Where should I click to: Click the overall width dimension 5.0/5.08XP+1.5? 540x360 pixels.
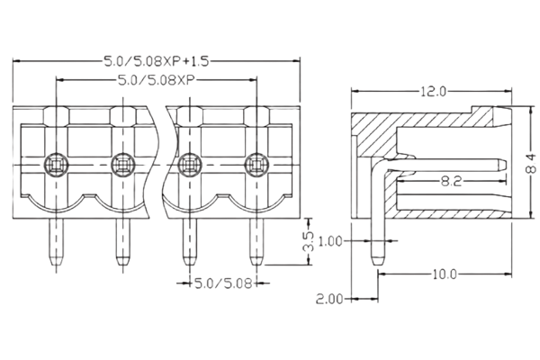click(157, 59)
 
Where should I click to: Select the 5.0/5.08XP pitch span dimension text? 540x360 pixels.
click(157, 79)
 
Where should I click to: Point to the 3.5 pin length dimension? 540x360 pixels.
click(307, 241)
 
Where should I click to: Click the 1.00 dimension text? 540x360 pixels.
click(332, 241)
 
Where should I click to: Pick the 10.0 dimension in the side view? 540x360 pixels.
click(443, 273)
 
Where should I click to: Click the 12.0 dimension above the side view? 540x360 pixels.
click(432, 92)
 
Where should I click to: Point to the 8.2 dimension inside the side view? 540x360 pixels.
click(452, 182)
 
